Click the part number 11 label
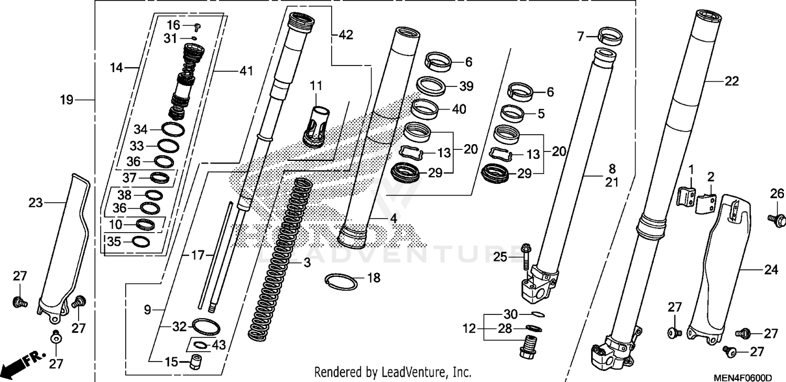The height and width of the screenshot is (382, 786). click(316, 85)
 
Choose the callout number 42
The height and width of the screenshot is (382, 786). click(345, 35)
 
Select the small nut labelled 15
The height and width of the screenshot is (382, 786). click(195, 362)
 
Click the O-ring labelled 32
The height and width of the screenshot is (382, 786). click(206, 326)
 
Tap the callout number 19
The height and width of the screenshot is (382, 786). click(66, 100)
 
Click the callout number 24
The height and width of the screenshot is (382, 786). click(770, 270)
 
